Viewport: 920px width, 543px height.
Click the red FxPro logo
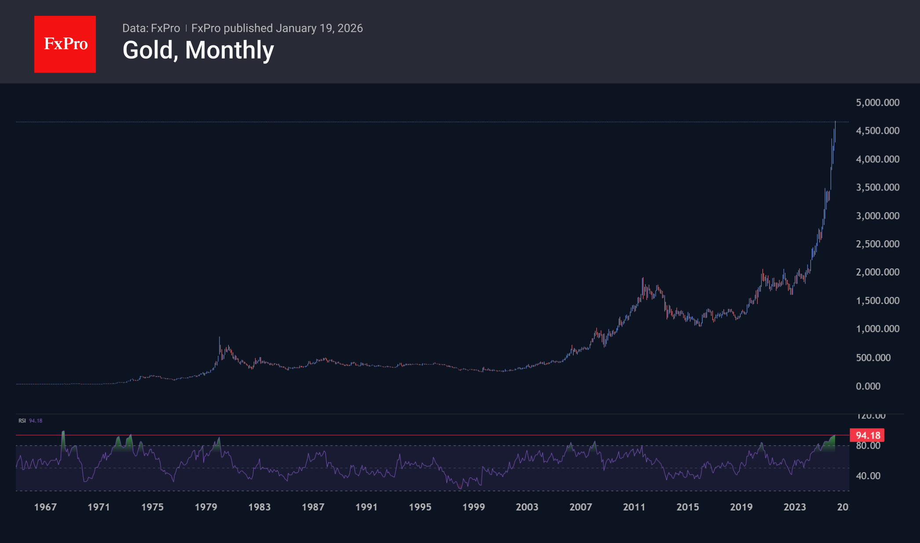(x=65, y=44)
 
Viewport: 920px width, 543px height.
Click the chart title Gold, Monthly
(x=198, y=50)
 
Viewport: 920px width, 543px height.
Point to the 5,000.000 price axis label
(x=877, y=103)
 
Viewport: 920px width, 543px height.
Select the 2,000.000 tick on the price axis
(x=877, y=272)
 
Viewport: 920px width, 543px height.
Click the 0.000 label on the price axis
(x=868, y=386)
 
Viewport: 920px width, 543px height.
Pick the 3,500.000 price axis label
(x=877, y=187)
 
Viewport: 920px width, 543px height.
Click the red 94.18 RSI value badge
(x=867, y=435)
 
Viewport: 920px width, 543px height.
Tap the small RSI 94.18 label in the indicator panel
(x=30, y=421)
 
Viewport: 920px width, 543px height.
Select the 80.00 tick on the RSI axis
(x=868, y=446)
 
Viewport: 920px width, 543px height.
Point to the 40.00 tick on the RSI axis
(x=868, y=476)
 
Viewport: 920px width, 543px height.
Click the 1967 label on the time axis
(x=45, y=507)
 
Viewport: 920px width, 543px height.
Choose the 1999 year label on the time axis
(x=473, y=507)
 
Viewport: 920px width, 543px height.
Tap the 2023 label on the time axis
(x=794, y=507)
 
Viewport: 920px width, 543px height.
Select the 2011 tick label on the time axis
(x=634, y=507)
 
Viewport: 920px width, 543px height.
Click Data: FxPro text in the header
(x=151, y=28)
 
